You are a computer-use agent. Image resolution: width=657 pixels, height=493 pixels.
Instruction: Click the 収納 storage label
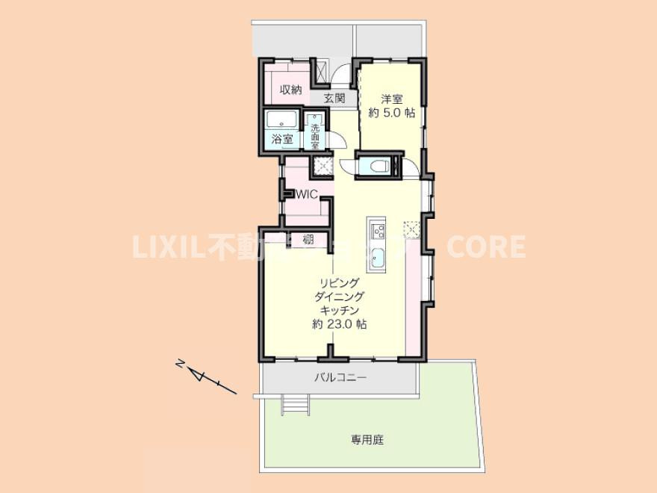[x=290, y=90]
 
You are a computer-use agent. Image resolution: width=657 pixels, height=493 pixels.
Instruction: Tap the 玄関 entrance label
[x=334, y=98]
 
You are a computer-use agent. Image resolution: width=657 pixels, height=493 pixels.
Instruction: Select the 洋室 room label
[x=391, y=99]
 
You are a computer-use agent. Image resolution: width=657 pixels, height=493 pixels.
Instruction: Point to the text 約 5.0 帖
[x=391, y=113]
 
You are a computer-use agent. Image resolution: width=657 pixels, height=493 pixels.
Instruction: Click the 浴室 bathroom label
[x=281, y=139]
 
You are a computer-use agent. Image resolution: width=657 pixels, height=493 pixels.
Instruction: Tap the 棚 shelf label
[x=308, y=240]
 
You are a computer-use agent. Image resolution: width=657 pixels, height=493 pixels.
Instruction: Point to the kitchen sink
[x=378, y=258]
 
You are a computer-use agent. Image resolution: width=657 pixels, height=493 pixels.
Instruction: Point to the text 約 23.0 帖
[x=340, y=325]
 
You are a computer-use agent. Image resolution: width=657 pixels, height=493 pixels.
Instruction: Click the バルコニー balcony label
[x=340, y=379]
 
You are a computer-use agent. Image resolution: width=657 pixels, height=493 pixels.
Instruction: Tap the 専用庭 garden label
[x=367, y=440]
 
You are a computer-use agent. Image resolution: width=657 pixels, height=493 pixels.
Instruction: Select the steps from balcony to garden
[x=294, y=404]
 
